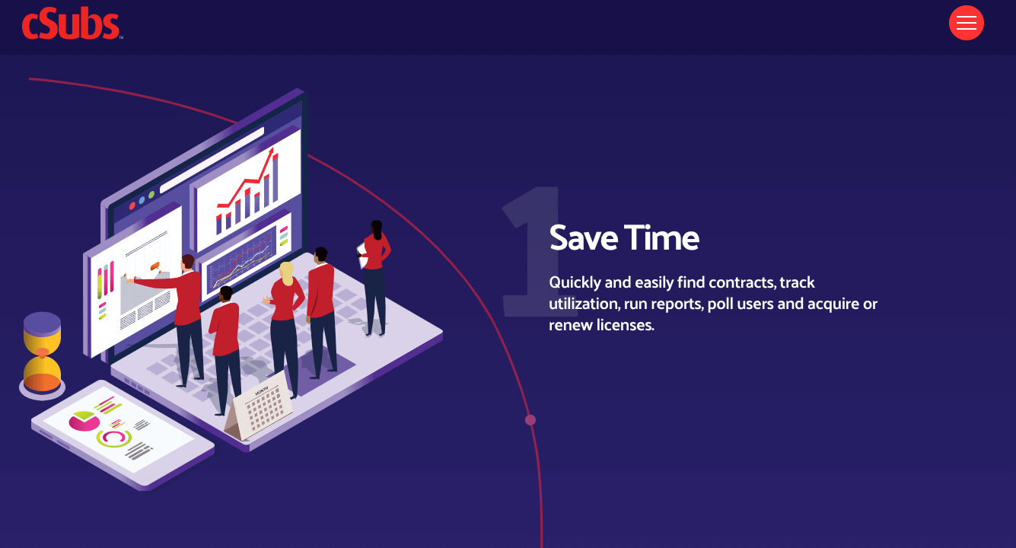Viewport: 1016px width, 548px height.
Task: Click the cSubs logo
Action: coord(72,23)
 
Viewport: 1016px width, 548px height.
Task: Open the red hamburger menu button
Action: coord(966,23)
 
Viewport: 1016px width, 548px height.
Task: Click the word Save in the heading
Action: coord(584,237)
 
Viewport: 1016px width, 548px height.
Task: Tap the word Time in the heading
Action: coord(662,237)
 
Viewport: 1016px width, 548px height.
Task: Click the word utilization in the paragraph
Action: coord(584,304)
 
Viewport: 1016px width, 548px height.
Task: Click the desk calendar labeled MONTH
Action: coord(260,406)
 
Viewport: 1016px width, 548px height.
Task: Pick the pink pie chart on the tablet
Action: coord(84,421)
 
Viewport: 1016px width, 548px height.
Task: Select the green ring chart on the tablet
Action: coord(114,438)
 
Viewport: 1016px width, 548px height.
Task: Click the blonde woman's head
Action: coord(287,273)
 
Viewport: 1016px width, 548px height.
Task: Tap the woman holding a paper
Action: coord(374,278)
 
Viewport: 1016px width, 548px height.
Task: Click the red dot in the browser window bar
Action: coord(132,206)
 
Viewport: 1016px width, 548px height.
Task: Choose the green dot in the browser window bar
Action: coord(151,195)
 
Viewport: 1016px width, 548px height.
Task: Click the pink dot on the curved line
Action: coord(530,420)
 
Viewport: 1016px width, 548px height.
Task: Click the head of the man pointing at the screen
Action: coord(188,262)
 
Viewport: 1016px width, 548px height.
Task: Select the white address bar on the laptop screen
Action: coord(212,160)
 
